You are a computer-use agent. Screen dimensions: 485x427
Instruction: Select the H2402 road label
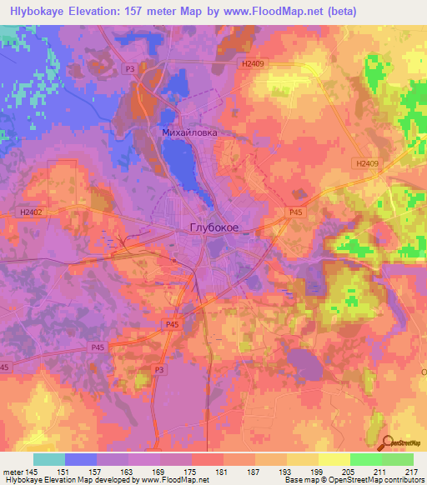(31, 212)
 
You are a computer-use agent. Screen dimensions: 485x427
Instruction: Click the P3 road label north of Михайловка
(129, 68)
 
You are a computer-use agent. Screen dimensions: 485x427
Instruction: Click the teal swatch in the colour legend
(49, 459)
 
